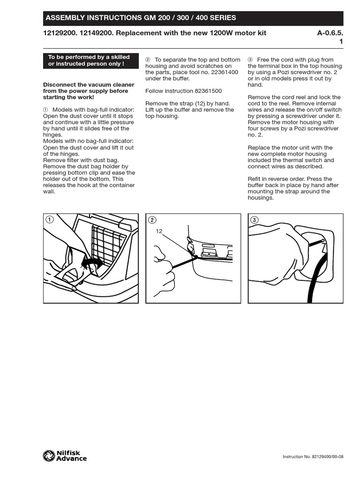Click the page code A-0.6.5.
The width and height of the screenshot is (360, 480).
(330, 33)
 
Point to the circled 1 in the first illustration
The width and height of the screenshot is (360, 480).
(49, 219)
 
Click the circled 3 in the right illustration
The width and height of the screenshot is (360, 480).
(254, 219)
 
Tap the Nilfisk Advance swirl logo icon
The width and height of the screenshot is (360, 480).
(49, 456)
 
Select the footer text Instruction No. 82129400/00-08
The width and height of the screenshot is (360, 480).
(313, 457)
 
